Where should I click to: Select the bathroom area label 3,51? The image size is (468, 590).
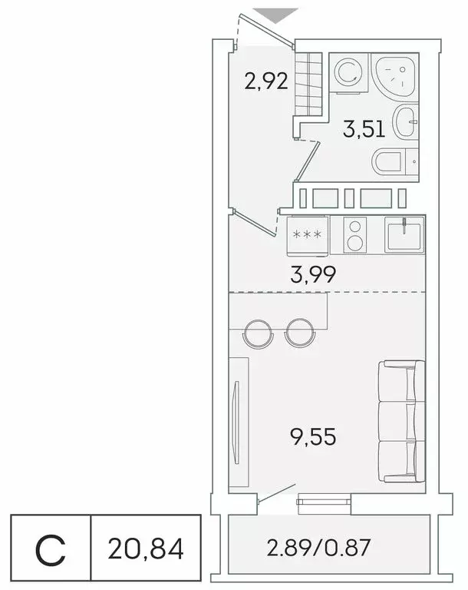[364, 130]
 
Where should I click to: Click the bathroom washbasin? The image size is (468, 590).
[406, 121]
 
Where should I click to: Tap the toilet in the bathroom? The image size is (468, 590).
[395, 161]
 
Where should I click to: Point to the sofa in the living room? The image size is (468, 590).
[400, 423]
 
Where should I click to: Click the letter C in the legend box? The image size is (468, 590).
[51, 549]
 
